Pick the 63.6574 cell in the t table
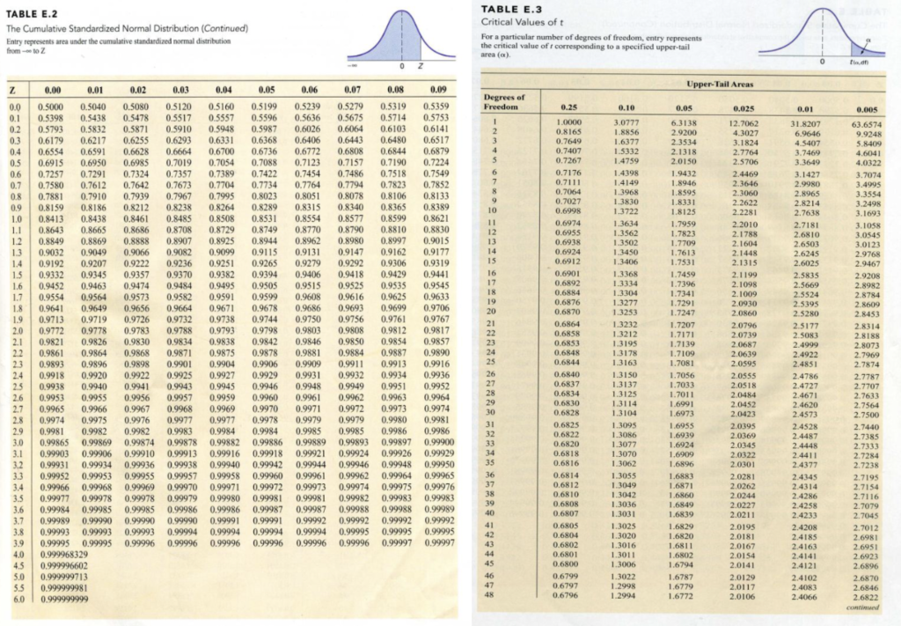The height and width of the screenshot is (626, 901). point(868,124)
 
